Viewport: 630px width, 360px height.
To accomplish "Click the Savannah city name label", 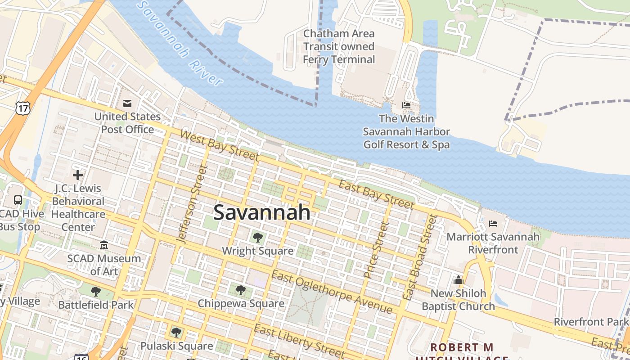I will coord(262,212).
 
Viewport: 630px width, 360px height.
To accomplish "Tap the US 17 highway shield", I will coord(22,108).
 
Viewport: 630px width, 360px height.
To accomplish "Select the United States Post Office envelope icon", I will coord(127,104).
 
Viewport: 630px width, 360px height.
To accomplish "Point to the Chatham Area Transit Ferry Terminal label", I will coord(338,46).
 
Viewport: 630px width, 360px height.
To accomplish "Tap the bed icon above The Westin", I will coord(406,106).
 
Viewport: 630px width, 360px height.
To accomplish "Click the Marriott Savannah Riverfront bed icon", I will coord(493,224).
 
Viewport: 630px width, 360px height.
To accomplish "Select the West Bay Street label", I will coord(220,145).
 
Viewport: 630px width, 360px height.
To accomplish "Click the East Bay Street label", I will coord(376,194).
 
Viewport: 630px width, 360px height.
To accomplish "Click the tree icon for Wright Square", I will coord(258,237).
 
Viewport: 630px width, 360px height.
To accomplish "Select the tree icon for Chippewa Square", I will coord(241,290).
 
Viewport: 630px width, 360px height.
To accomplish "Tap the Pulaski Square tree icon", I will coord(176,333).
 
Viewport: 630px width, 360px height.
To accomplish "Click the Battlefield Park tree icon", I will coord(96,292).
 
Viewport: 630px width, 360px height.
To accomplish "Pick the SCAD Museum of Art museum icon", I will coord(104,245).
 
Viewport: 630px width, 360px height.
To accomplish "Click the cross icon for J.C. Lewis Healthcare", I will coord(78,175).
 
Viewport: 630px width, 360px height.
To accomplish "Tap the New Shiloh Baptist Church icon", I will coord(459,280).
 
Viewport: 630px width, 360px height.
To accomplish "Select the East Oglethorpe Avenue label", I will coord(332,293).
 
